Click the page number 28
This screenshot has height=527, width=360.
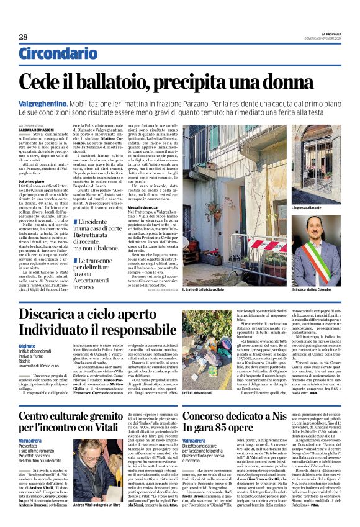pyautogui.click(x=23, y=37)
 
